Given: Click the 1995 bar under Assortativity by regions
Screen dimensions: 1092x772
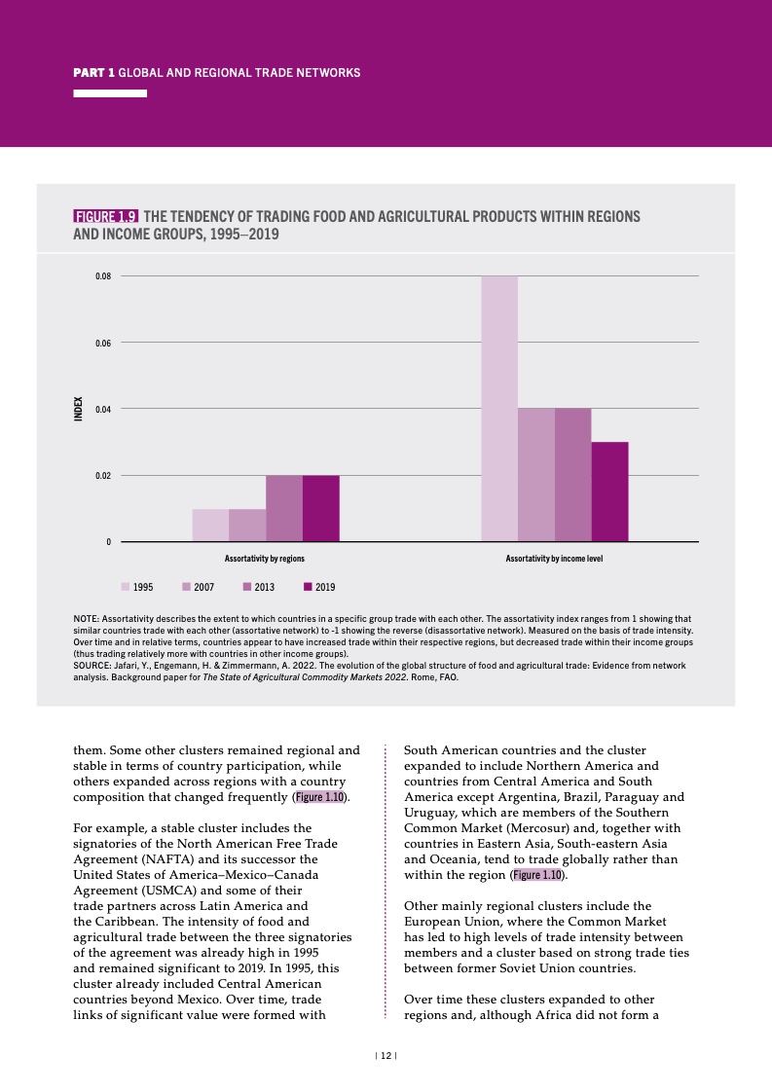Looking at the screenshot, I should (x=210, y=525).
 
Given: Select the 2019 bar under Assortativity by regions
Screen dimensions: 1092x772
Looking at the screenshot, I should (x=321, y=508).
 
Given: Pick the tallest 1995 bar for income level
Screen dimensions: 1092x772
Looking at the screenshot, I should (x=499, y=409).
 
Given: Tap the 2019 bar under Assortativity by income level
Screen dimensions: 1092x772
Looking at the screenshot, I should (x=609, y=491).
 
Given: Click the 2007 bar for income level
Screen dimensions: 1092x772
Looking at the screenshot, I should (x=536, y=475).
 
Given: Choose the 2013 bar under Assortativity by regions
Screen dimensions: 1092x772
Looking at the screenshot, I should (x=284, y=508).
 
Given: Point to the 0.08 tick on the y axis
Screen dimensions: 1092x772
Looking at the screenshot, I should (x=103, y=276).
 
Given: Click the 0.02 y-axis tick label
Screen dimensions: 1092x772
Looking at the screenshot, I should (x=103, y=475).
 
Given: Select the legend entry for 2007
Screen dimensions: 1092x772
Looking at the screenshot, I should (x=198, y=587).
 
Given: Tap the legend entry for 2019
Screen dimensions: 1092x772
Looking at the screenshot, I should (x=319, y=587).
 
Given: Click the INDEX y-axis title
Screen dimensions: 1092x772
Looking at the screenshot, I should (x=79, y=408).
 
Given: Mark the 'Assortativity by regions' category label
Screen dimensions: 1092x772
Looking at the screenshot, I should (x=265, y=560).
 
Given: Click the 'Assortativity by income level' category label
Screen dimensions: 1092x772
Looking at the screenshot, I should (x=554, y=560).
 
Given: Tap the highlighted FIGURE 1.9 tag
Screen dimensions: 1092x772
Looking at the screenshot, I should (x=106, y=216).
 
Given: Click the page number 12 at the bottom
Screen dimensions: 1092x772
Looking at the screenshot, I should (x=386, y=1056).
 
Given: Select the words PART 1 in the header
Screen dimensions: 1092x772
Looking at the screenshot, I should (x=94, y=73).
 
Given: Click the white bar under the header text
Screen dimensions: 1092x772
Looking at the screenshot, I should (x=110, y=93).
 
